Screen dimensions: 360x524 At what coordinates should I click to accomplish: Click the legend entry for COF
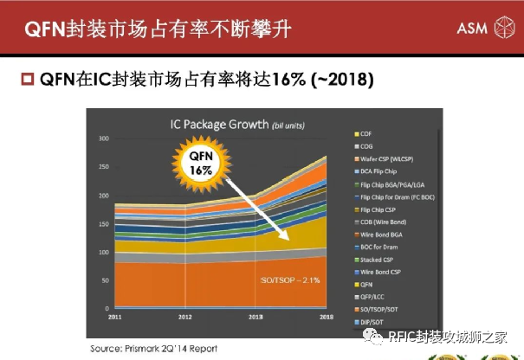(x=365, y=134)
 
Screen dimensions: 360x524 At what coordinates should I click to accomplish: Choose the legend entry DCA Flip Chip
(x=381, y=171)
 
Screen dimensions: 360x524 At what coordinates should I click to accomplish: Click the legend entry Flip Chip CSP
(x=378, y=209)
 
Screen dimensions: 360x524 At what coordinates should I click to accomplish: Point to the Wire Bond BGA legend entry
(x=382, y=235)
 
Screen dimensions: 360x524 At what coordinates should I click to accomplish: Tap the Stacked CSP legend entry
(x=378, y=260)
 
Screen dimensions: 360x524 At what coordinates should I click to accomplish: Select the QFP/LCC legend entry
(x=374, y=297)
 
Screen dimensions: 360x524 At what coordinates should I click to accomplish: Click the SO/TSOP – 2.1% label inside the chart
(x=291, y=280)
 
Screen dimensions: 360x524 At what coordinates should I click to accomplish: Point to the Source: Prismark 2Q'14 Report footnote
(x=154, y=348)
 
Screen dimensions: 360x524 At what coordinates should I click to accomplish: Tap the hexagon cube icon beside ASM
(x=502, y=29)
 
